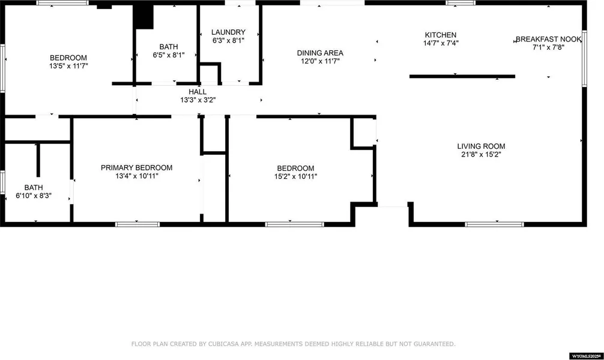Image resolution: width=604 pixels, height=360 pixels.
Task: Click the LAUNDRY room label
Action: (x=228, y=32)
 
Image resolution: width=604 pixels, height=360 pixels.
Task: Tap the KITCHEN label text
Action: (x=441, y=35)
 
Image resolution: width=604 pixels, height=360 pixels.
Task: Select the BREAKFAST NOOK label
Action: (x=549, y=39)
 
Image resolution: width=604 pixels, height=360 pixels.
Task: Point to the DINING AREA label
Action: (x=320, y=53)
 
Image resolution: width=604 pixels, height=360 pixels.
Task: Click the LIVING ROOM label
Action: (x=481, y=146)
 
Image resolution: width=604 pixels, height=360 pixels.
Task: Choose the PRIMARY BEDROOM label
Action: (x=137, y=168)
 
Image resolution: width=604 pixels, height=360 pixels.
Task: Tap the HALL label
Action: (x=198, y=92)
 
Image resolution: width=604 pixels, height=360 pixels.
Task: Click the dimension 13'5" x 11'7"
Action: (x=68, y=66)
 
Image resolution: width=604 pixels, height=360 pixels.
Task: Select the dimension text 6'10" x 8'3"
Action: (x=34, y=196)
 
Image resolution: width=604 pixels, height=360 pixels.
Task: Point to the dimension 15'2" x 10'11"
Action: (x=295, y=176)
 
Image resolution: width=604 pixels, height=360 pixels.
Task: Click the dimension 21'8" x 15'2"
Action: (x=481, y=154)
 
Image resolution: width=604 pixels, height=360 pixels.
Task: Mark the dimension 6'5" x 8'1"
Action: (x=169, y=55)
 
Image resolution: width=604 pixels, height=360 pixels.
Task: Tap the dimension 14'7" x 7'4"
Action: (x=441, y=43)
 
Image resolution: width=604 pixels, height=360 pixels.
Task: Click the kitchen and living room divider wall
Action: (x=462, y=77)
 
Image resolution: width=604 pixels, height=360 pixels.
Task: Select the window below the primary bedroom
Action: (x=137, y=224)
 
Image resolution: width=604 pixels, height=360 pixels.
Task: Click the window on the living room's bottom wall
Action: (x=495, y=224)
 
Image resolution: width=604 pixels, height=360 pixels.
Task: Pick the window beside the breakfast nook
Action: (x=584, y=59)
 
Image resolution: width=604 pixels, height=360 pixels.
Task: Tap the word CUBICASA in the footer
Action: (x=224, y=344)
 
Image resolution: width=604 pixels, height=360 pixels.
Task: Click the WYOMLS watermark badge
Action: (x=586, y=356)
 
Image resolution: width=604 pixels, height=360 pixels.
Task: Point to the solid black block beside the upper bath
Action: (x=143, y=17)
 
